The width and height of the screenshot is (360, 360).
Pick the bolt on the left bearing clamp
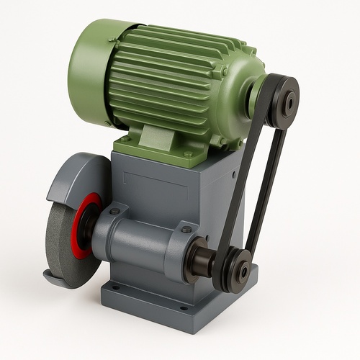coord(114,212)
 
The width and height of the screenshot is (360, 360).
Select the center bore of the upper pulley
coord(289,102)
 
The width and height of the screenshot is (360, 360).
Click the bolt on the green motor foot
coord(188,153)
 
